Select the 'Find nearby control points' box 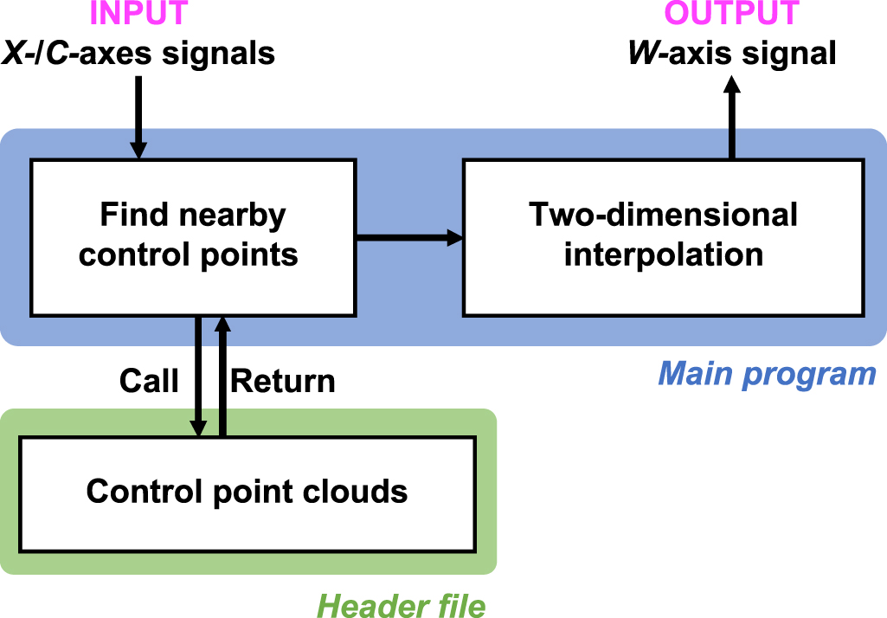[192, 236]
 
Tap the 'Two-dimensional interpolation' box [663, 236]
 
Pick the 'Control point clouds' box [247, 492]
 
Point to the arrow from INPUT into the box [138, 116]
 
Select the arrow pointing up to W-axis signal [731, 117]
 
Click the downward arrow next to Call [199, 377]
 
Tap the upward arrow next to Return [222, 377]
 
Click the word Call [149, 381]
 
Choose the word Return [283, 381]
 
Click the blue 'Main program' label [767, 374]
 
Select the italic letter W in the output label [641, 54]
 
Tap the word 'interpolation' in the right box [663, 254]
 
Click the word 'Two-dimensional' [663, 216]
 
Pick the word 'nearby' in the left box [234, 216]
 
